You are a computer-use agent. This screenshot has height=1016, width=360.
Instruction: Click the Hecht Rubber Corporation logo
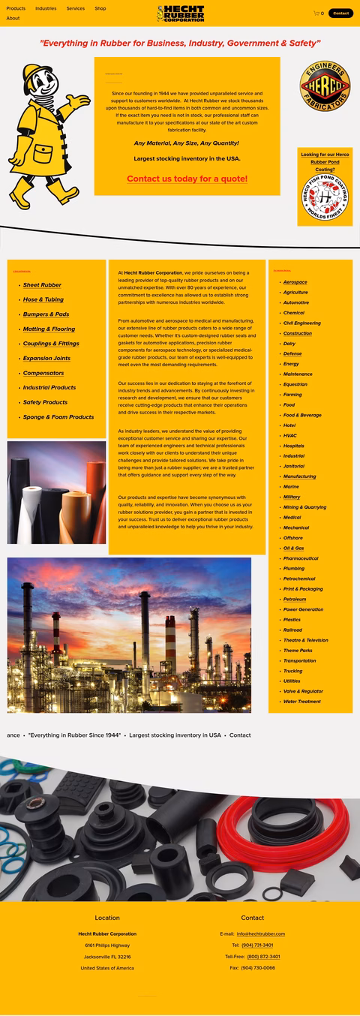[180, 14]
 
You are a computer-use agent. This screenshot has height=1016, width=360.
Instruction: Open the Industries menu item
[46, 8]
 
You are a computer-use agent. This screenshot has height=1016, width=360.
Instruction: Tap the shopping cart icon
[316, 13]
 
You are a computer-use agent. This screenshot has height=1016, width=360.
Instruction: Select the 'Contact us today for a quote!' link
[187, 179]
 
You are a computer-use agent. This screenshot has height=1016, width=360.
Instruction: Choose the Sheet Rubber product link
[42, 285]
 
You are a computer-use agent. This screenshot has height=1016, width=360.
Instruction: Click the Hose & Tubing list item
[43, 299]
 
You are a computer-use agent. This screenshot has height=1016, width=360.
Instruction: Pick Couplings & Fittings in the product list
[51, 344]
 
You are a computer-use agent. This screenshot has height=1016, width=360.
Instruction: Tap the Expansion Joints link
[46, 359]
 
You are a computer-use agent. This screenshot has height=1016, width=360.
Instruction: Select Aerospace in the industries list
[295, 282]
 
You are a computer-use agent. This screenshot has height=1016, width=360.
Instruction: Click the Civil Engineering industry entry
[301, 323]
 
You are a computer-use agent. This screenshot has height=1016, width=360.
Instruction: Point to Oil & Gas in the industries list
[293, 549]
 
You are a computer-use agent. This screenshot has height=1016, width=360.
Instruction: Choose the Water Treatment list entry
[301, 702]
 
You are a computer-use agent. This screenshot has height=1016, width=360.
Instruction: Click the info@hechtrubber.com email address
[261, 934]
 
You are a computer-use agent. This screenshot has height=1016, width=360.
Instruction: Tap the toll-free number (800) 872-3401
[263, 957]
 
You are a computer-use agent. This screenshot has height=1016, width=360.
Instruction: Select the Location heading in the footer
[107, 918]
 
